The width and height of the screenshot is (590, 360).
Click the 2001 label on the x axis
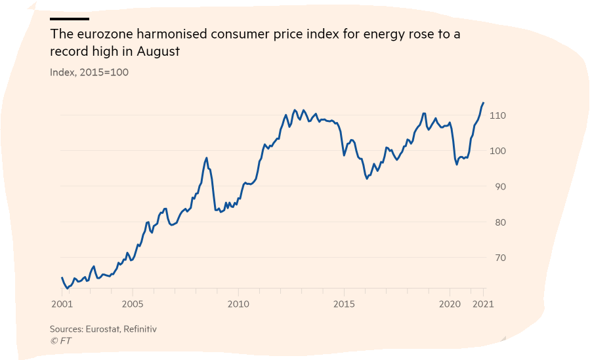point(62,304)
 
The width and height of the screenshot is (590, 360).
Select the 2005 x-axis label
point(133,304)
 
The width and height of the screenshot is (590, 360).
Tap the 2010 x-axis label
point(238,304)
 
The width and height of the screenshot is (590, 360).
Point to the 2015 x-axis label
point(344,304)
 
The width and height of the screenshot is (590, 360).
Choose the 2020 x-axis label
point(450,304)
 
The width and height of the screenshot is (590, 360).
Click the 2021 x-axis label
point(483,304)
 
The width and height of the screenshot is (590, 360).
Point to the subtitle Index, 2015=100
point(89,72)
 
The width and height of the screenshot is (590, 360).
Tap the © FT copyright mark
point(60,340)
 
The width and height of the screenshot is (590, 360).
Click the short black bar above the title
point(69,19)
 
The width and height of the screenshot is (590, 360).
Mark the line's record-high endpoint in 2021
point(483,103)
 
